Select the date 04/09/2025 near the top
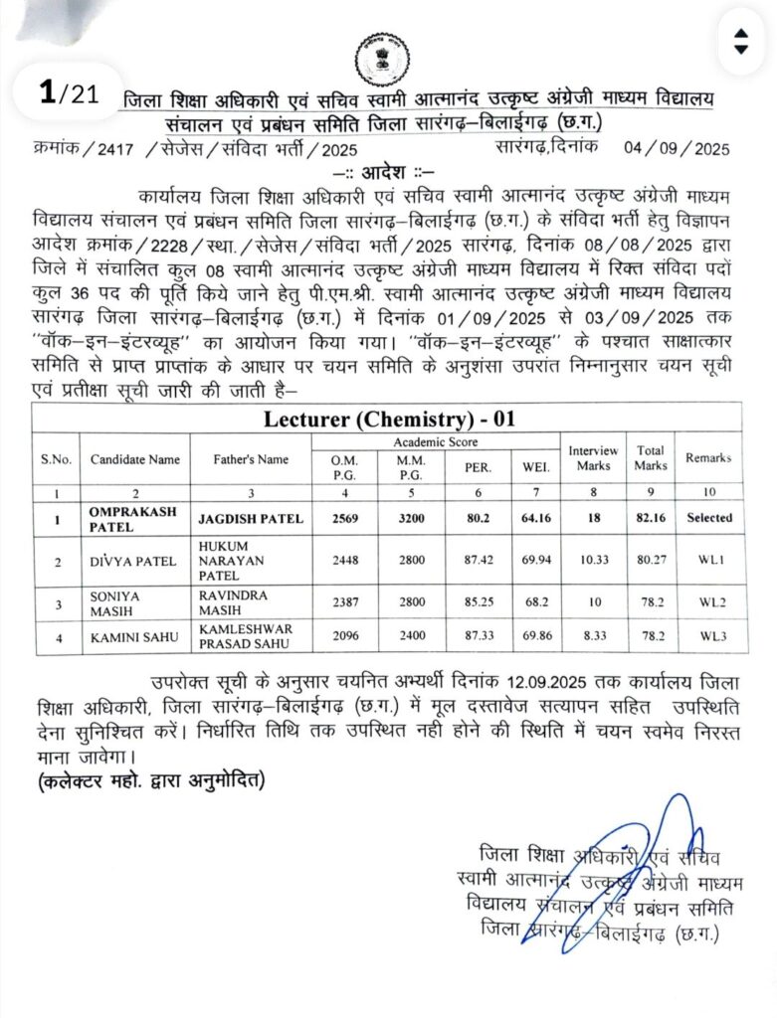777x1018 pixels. (x=678, y=149)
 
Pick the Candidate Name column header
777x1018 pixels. (x=135, y=459)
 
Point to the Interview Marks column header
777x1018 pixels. (x=593, y=458)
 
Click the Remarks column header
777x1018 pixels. (x=707, y=458)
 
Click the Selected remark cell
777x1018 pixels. (x=708, y=518)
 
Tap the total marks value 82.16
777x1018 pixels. (x=650, y=518)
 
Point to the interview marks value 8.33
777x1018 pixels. (x=593, y=639)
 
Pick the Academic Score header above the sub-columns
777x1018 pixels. (x=435, y=440)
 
